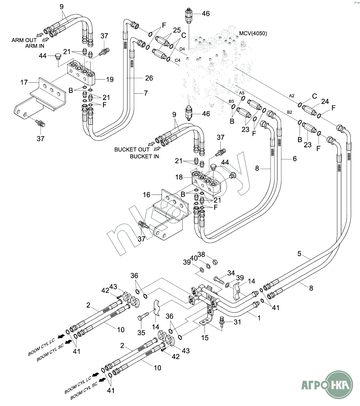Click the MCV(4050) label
tap(253, 33)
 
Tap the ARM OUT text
tap(24, 40)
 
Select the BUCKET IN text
tap(144, 156)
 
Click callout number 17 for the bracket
tap(24, 82)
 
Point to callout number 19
tap(109, 80)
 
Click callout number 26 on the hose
tap(149, 79)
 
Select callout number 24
tap(325, 101)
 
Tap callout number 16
tap(147, 195)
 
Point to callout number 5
tap(299, 254)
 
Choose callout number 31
tap(237, 322)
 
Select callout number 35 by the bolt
tap(141, 333)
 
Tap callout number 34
tap(231, 273)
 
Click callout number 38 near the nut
tap(201, 254)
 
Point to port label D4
tap(182, 49)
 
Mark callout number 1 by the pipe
tap(259, 318)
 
